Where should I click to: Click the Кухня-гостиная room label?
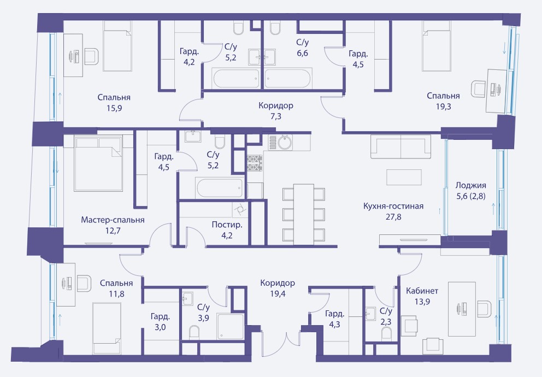pos(393,207)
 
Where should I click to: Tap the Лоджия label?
pos(471,185)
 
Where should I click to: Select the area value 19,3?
pos(444,107)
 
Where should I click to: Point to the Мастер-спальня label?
pos(113,220)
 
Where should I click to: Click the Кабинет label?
pos(422,291)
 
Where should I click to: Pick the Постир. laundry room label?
pos(227,225)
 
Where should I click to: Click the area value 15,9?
pos(114,108)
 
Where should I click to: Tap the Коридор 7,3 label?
pos(276,111)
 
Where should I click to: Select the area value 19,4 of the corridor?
pos(278,294)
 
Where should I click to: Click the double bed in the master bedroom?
pos(98,164)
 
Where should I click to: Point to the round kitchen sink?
pos(285,143)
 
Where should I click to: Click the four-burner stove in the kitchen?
pos(255,163)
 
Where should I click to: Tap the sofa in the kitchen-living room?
pos(400,146)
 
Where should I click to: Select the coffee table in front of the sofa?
pos(404,177)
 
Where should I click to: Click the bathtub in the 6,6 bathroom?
pos(288,78)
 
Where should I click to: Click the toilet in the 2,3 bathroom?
pos(386,333)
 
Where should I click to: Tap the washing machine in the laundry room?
pos(239,210)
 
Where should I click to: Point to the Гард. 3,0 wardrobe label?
pos(160,322)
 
